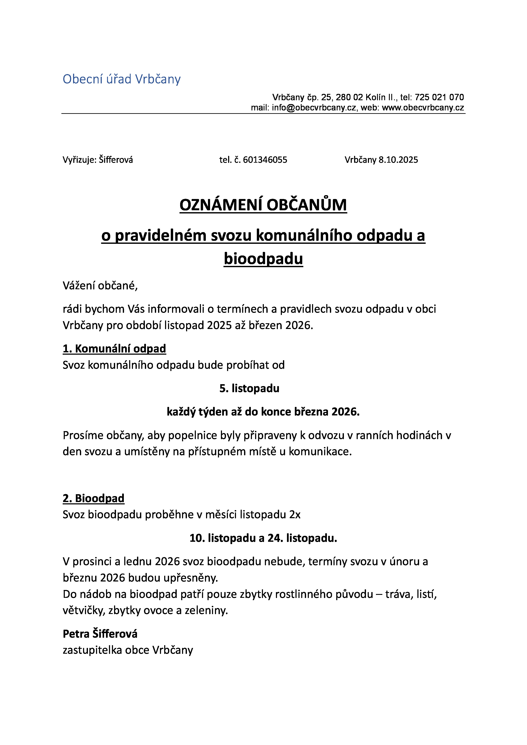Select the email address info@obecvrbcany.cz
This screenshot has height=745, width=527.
click(x=314, y=108)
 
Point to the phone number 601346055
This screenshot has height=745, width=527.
click(x=265, y=160)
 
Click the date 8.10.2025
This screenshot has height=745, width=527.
click(x=398, y=160)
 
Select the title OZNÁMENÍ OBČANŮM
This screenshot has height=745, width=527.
click(x=263, y=205)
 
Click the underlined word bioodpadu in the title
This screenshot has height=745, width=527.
click(x=263, y=259)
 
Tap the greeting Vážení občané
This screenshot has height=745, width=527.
click(x=100, y=286)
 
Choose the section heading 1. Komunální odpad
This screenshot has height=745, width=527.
click(x=114, y=349)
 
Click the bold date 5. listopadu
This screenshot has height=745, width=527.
click(x=249, y=388)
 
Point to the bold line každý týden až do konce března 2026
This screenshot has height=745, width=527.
click(x=263, y=412)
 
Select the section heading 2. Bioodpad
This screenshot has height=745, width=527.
click(x=93, y=498)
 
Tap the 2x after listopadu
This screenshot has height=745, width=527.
click(x=295, y=515)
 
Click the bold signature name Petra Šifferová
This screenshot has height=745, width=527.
click(x=100, y=634)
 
